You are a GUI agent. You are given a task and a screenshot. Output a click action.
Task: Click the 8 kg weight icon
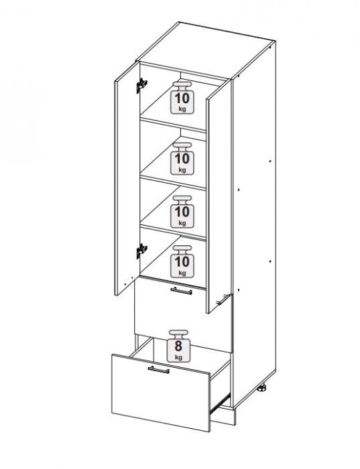coord(178,346)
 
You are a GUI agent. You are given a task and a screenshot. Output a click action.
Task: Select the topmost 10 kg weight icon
coord(182,97)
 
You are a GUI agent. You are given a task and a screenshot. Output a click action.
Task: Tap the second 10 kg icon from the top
coord(182,158)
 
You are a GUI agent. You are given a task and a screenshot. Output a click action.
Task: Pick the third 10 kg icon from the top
coord(182,212)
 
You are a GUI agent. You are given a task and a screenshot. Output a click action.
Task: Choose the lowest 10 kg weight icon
coord(182,261)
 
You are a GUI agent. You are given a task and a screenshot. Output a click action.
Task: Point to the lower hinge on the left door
coord(142,251)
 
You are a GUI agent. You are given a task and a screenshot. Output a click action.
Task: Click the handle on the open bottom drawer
coord(159,369)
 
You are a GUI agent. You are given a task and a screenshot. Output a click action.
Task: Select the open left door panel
coord(127,179)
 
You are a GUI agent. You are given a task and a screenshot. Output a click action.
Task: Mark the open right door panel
coord(219,196)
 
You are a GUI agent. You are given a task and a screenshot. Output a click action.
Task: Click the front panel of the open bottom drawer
coord(162,393)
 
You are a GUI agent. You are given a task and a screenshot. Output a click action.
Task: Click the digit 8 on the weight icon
coord(178,346)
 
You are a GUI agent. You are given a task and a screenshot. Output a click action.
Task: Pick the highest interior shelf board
coord(173,123)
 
